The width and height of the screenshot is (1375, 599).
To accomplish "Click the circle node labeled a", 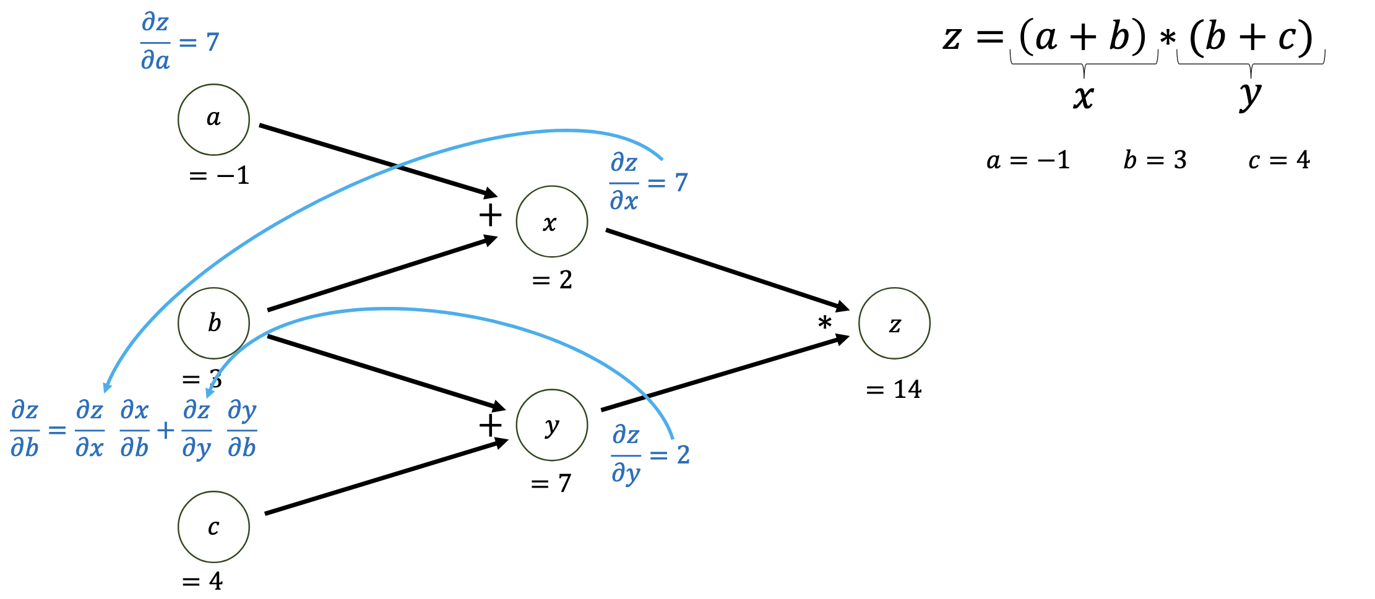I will click(213, 119).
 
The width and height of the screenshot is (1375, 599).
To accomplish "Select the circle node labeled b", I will click(213, 323).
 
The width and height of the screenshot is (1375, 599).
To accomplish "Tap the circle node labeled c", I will click(213, 527).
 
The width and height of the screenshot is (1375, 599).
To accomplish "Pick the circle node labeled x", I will click(551, 222).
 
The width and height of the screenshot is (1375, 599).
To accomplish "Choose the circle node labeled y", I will click(551, 425).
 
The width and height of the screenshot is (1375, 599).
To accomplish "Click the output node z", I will click(894, 323).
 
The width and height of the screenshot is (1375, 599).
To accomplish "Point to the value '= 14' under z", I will click(894, 390).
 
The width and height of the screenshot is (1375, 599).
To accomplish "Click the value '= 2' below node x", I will click(552, 280).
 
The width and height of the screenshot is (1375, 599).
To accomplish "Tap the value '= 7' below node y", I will click(551, 483).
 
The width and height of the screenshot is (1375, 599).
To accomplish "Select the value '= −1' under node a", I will click(219, 176).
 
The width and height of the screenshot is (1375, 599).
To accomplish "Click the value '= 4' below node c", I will click(202, 581).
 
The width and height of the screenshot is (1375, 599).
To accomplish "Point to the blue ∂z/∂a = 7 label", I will click(179, 42).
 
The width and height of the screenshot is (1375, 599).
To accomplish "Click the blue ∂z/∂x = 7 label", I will click(649, 183).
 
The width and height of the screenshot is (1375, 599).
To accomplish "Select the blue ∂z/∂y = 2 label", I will click(650, 455).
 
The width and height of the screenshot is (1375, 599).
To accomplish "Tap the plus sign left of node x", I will click(490, 215).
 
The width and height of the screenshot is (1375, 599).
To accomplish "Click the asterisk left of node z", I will click(824, 323).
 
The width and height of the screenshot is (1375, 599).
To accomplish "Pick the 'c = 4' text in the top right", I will click(1279, 160).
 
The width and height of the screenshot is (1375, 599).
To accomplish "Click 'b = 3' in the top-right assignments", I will click(1155, 160).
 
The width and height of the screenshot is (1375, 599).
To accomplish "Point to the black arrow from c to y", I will click(386, 477).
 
